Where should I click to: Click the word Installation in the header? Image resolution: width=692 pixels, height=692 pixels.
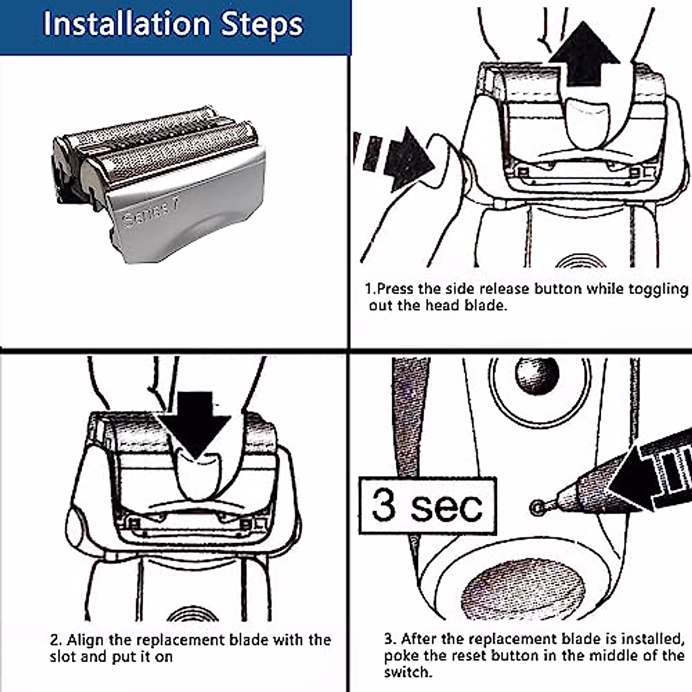pyautogui.click(x=126, y=24)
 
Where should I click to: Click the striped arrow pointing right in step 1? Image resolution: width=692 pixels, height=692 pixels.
pyautogui.click(x=394, y=159)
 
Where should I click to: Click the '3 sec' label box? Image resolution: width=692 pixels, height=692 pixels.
pyautogui.click(x=428, y=506)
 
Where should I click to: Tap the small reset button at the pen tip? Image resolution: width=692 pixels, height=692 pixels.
pyautogui.click(x=537, y=507)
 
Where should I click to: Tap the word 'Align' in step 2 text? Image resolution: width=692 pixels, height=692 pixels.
pyautogui.click(x=85, y=640)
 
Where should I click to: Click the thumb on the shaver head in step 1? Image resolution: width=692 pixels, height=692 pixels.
pyautogui.click(x=588, y=123)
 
